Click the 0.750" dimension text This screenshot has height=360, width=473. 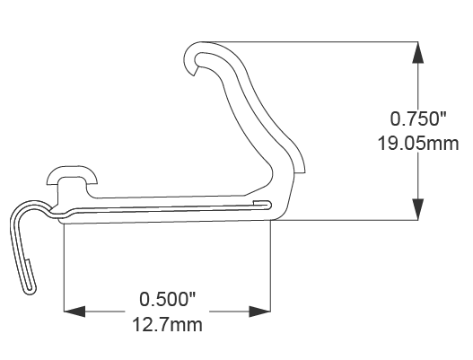click(x=418, y=119)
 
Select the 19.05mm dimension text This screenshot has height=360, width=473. click(x=418, y=142)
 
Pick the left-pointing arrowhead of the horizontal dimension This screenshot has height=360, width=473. click(x=74, y=312)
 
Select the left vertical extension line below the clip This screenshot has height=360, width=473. click(x=64, y=269)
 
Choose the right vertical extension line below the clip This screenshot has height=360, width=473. click(x=271, y=269)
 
